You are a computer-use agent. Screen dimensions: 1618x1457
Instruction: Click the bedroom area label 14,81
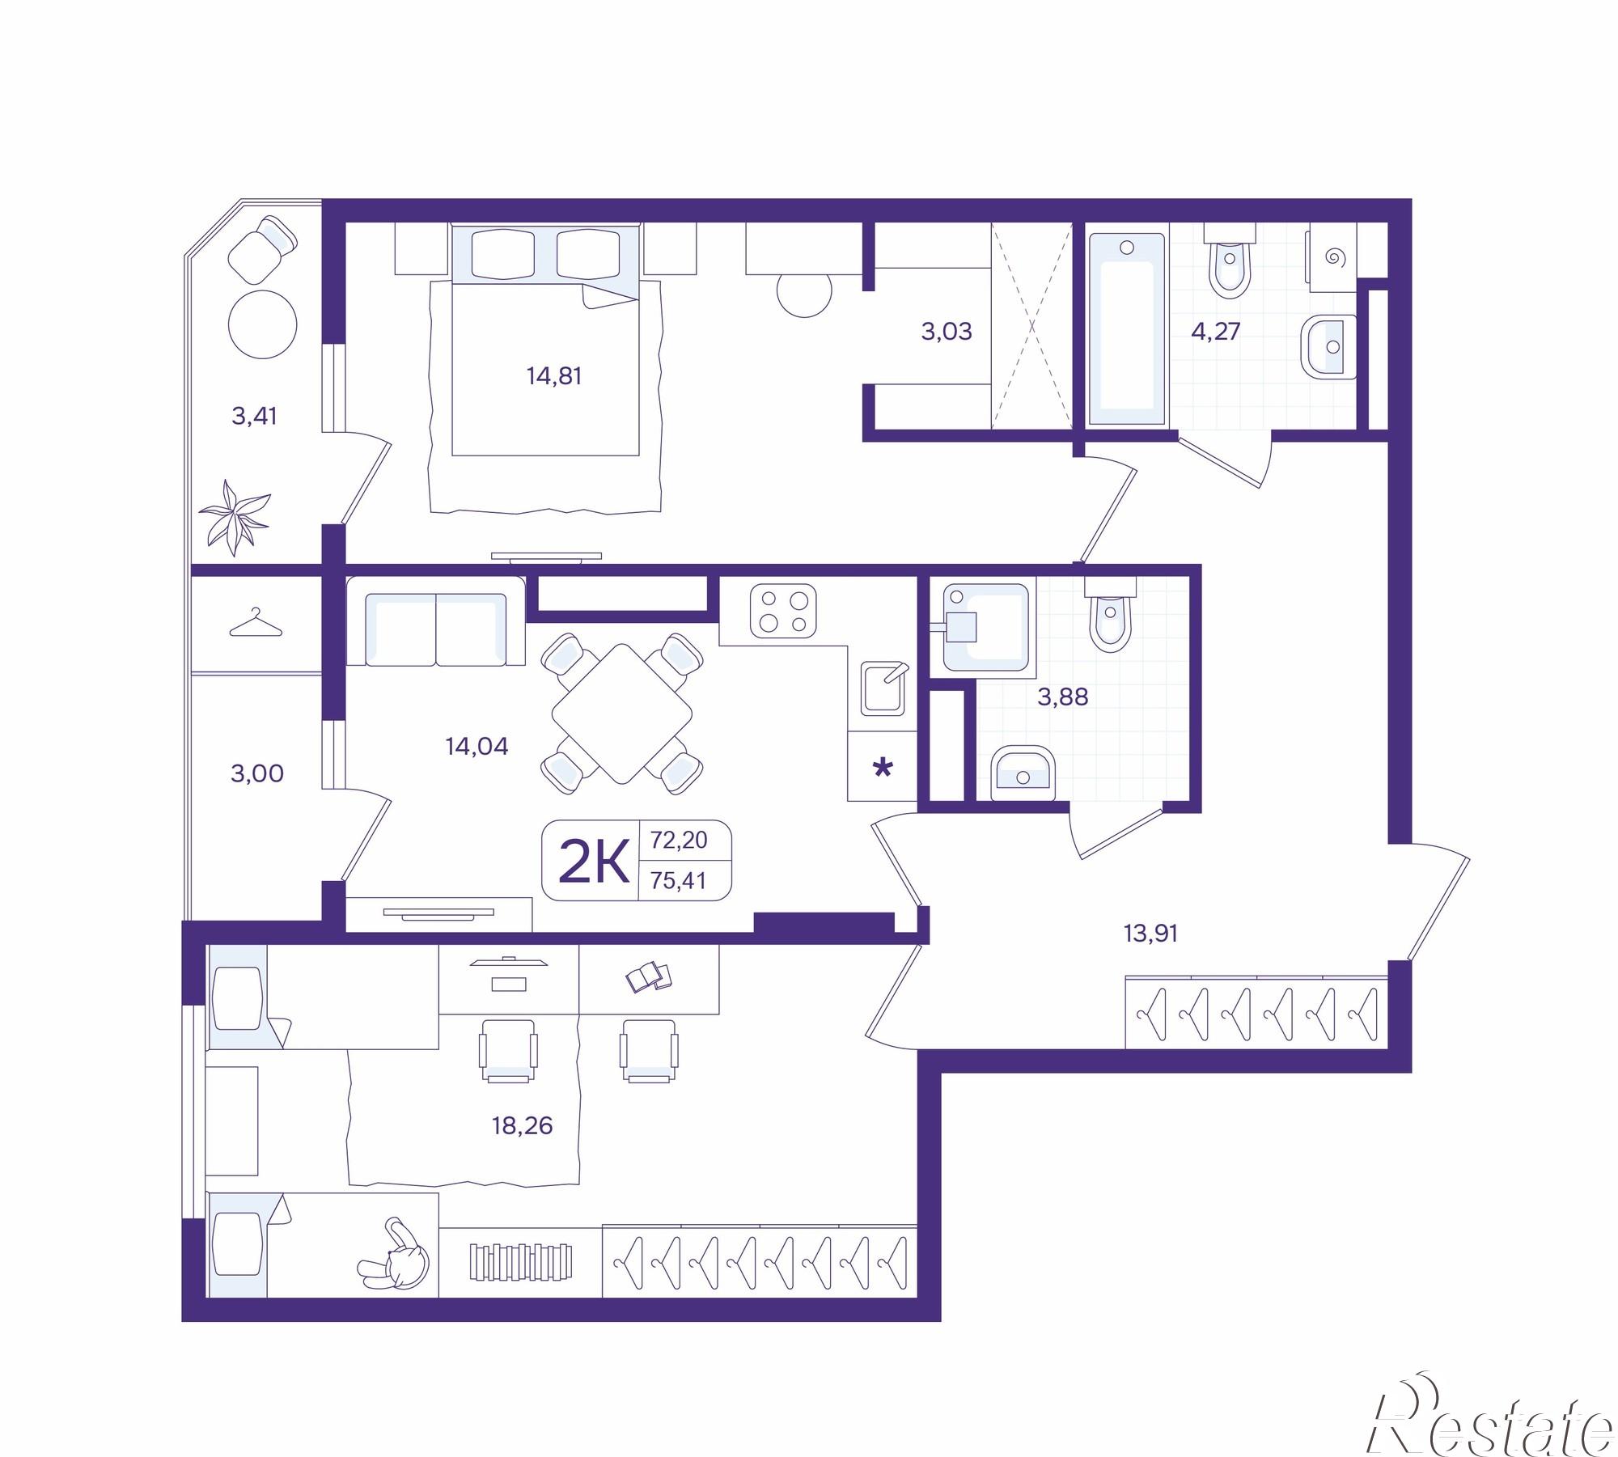(554, 376)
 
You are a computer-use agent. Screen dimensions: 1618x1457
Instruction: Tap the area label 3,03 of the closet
(947, 331)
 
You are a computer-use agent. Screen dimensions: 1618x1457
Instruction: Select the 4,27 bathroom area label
(1216, 331)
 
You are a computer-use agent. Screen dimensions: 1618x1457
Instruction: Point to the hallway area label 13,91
(1150, 934)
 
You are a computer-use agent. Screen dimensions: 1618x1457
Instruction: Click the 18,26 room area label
(522, 1125)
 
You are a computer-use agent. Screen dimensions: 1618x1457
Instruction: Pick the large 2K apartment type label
(595, 862)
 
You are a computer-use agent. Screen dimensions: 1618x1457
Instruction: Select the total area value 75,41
(679, 881)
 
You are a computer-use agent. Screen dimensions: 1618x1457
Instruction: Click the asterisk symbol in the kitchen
(883, 767)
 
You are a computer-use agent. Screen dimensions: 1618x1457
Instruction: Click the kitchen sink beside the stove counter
(883, 688)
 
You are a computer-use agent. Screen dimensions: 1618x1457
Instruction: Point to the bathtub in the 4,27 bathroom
(1126, 328)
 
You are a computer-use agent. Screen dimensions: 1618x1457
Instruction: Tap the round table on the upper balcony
(263, 324)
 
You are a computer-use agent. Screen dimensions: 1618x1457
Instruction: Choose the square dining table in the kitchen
(622, 714)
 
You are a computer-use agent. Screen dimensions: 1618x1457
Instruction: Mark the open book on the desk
(648, 976)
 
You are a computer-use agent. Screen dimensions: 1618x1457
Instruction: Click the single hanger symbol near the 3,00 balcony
(256, 624)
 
